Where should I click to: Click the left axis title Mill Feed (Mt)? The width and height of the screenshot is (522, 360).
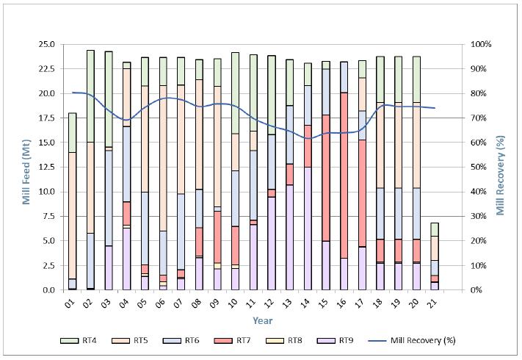[x=26, y=167]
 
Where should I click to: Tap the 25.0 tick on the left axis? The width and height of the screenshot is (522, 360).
[x=47, y=44]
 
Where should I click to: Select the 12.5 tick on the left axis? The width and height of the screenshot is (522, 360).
[x=47, y=167]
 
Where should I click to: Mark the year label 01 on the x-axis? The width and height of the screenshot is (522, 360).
[x=73, y=301]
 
